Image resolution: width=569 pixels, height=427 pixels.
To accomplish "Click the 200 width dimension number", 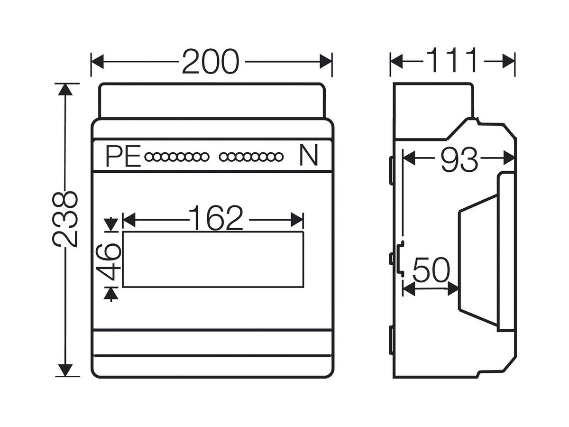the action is point(210,62).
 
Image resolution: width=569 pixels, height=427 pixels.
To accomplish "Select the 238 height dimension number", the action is point(65,219).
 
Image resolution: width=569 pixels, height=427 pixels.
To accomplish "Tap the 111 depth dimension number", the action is point(451,60).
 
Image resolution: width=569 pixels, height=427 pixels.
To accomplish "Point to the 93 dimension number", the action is point(459,160).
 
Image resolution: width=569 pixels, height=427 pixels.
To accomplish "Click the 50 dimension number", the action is point(431,270).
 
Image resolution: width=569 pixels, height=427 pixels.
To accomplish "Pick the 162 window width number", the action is point(216,218).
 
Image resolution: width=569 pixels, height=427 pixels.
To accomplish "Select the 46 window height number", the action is point(109,261).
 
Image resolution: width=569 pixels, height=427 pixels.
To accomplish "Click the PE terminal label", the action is point(123,156).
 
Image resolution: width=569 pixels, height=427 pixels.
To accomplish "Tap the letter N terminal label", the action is point(309,155).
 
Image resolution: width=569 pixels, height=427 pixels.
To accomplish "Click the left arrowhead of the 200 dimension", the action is point(98,62).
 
